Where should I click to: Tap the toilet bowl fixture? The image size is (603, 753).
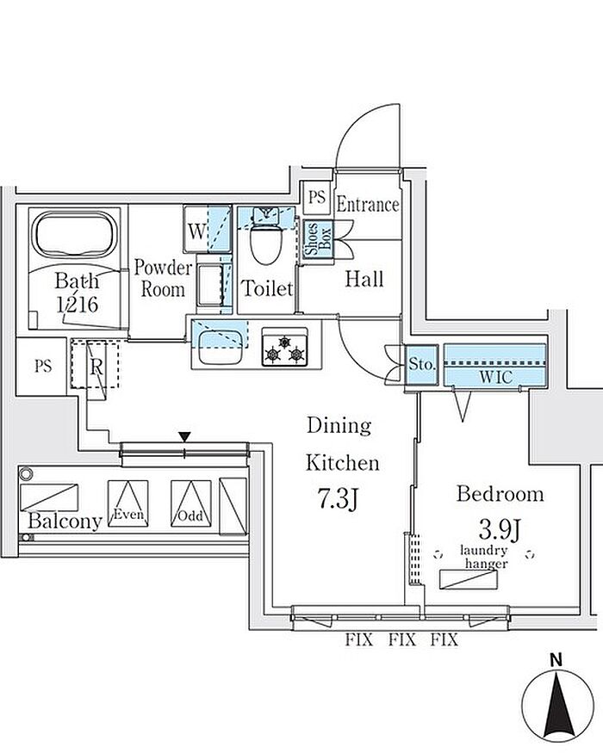tap(266, 245)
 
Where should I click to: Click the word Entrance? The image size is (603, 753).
tap(368, 205)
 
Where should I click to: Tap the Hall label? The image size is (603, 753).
tap(364, 279)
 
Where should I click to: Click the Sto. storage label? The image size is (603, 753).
tap(423, 365)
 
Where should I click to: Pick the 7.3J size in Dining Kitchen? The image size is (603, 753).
tap(335, 500)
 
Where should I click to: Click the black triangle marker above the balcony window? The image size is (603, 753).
tap(184, 438)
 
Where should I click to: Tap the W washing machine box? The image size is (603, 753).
tap(196, 231)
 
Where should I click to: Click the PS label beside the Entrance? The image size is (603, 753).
tap(317, 197)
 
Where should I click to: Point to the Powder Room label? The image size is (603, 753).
tap(162, 278)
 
